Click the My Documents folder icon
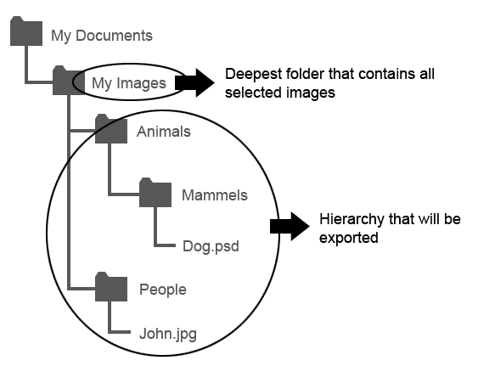click(26, 31)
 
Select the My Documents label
click(102, 36)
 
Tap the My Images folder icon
click(69, 80)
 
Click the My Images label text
click(129, 83)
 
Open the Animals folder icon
click(111, 129)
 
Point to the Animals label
click(163, 132)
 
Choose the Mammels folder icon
click(155, 193)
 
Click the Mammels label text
click(215, 195)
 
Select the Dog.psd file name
click(211, 246)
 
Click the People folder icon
click(111, 287)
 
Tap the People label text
click(163, 290)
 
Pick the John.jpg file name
click(168, 334)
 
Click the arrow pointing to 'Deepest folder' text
click(194, 83)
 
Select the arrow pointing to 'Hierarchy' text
click(290, 227)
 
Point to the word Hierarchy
click(351, 220)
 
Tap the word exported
click(348, 238)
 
